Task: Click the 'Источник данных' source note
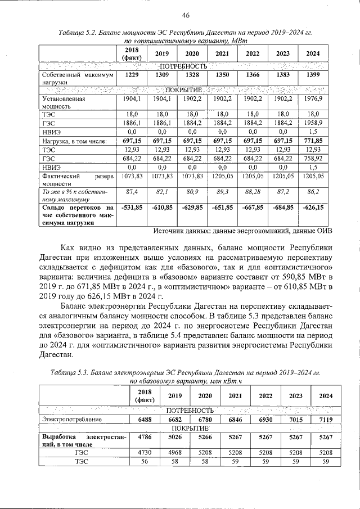click(x=242, y=231)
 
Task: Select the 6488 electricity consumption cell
click(x=145, y=420)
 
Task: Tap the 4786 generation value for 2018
click(x=145, y=436)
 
